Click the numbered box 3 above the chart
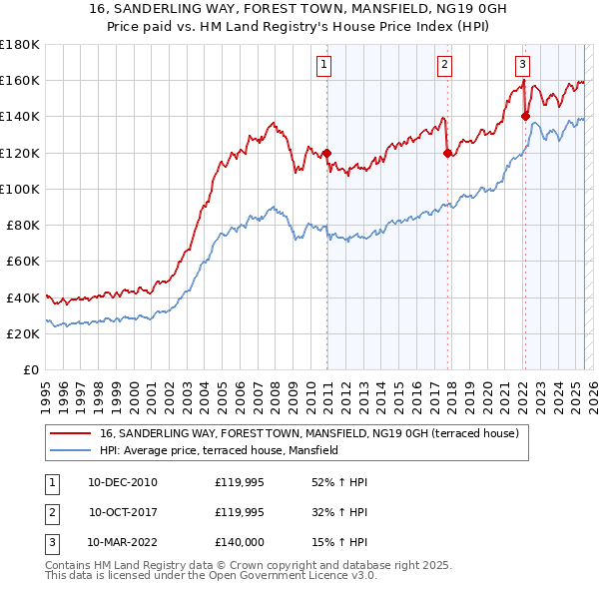point(522,66)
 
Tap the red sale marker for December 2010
point(326,153)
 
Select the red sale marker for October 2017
point(446,153)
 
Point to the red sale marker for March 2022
point(525,116)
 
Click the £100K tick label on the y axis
point(20,189)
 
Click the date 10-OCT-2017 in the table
point(123,512)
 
